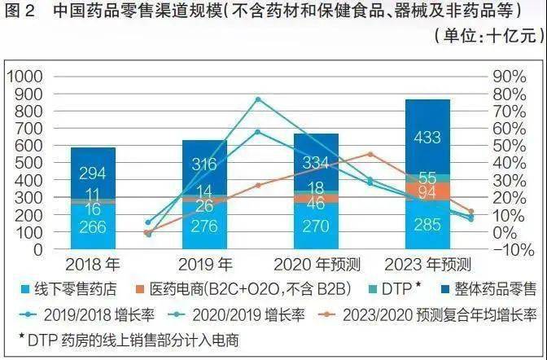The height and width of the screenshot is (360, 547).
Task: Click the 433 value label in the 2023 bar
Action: pos(427,138)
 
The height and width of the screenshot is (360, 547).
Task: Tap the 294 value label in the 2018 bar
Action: pos(92,173)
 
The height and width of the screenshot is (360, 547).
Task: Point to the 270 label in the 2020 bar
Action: pos(316,226)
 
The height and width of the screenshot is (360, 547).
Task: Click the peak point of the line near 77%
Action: pos(257,99)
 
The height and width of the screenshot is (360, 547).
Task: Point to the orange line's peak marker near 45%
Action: pos(370,154)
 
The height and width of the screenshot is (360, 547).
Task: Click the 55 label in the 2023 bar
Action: pos(427,178)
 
